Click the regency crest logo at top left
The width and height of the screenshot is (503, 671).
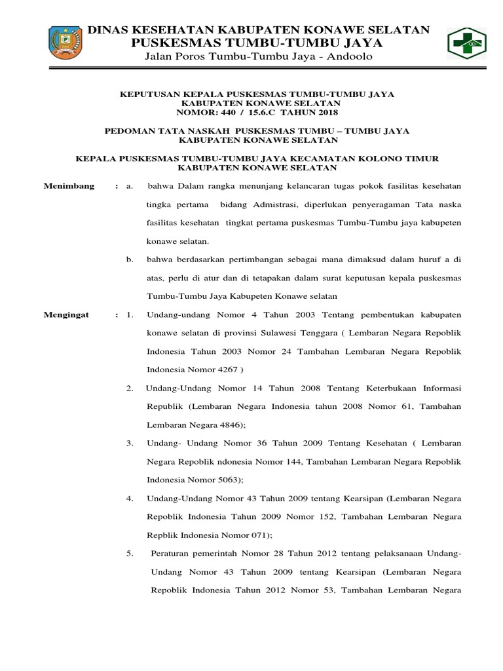point(65,42)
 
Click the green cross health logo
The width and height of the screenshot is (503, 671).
point(467,45)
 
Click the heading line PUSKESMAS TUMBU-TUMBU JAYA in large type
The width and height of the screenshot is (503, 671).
point(257,43)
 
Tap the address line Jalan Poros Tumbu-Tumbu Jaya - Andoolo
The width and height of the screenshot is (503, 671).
point(258,57)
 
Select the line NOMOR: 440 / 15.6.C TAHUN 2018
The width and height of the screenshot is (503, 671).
point(257,112)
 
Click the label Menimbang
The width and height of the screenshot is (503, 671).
point(69,186)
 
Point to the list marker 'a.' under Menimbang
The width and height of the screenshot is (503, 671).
point(130,186)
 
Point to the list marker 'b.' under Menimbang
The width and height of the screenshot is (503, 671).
point(130,259)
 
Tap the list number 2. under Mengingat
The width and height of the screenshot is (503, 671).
point(130,388)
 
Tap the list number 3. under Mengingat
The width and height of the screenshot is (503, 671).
point(130,443)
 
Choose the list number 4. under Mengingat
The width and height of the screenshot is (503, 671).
point(130,498)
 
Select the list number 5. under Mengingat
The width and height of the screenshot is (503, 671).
point(130,553)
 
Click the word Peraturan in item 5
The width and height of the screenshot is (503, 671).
point(172,553)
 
